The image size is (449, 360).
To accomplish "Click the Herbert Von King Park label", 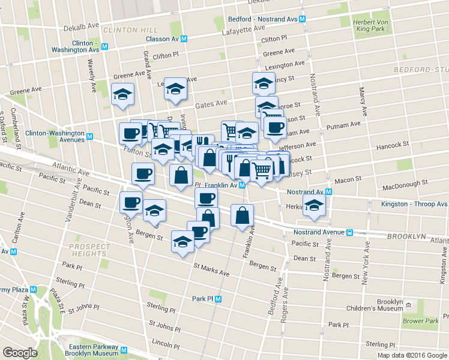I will (x=369, y=23).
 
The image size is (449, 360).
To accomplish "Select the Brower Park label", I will (x=421, y=321).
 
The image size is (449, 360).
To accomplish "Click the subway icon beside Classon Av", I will (x=184, y=38).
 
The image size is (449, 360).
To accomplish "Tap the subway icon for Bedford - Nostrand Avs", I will (x=302, y=19).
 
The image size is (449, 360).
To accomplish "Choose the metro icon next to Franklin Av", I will (x=241, y=185).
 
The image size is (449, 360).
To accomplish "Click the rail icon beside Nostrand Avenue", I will (x=349, y=232).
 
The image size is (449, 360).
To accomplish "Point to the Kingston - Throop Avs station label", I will (x=414, y=204).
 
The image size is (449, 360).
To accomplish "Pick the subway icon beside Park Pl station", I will (x=218, y=298).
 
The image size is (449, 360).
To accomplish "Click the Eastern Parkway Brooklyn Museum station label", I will (x=86, y=350).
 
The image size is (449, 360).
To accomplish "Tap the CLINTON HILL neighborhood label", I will (x=130, y=29).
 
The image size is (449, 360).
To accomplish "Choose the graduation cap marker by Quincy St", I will (x=263, y=84).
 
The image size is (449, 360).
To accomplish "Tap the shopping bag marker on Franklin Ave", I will (x=242, y=217).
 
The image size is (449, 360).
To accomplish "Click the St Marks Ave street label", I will (x=211, y=269).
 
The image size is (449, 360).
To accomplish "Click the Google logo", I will (x=20, y=353).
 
